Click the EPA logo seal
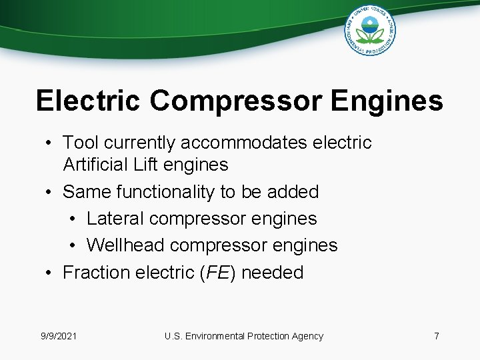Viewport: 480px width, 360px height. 370,31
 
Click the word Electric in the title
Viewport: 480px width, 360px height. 88,101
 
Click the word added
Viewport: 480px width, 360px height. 293,192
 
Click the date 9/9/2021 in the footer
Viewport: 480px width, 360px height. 59,336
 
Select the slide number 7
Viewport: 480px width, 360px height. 437,336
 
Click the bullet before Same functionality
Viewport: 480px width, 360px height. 50,193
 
